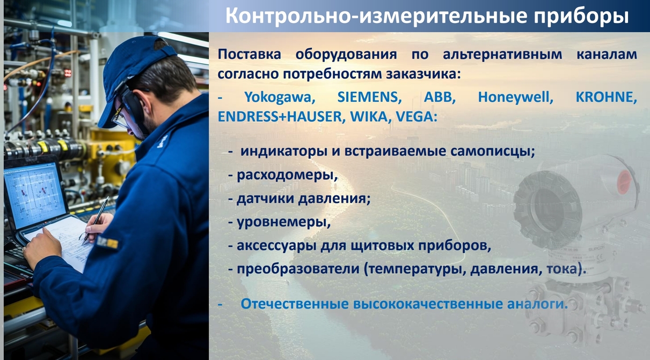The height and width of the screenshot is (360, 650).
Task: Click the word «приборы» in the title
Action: pos(581,16)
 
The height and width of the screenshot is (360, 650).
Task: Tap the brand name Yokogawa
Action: pos(280,97)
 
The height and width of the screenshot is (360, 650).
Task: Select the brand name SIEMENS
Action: pos(369,97)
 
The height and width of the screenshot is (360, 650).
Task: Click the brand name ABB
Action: pos(440,97)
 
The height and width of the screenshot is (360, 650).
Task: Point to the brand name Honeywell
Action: pos(515,98)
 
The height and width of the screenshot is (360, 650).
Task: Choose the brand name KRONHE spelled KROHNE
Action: pos(606,97)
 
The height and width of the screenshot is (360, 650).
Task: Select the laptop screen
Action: pos(34,195)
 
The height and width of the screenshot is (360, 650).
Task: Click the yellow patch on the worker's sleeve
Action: pos(108,243)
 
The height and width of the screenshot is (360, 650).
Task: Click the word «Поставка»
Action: pos(249,55)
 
